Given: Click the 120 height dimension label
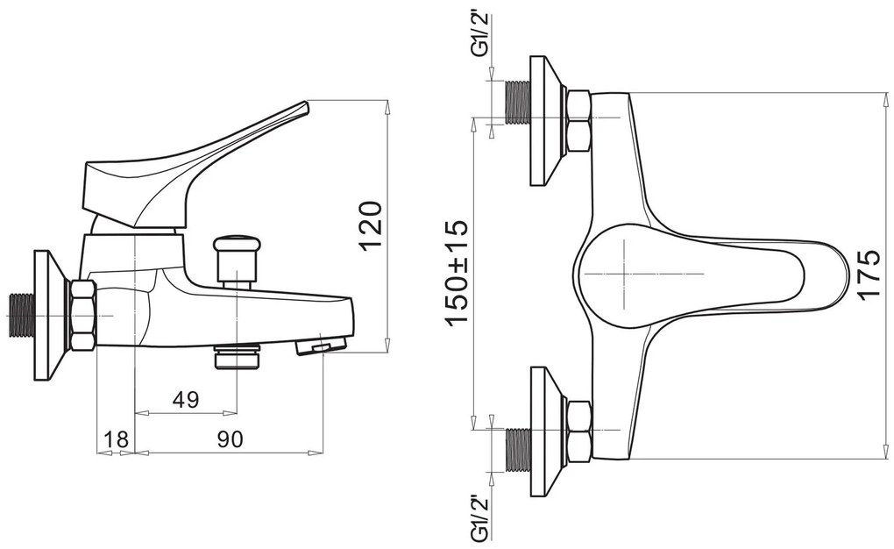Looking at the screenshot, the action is point(371,225).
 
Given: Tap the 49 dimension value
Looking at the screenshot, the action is point(185,400).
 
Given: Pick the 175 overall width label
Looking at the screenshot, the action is point(869,274).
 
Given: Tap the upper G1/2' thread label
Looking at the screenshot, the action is point(479,35).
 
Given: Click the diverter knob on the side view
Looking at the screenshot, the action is point(236,260).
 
